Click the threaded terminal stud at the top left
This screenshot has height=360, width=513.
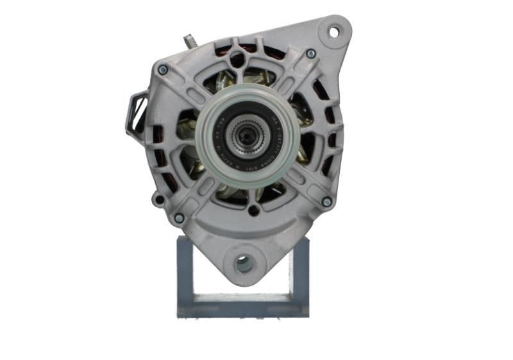point(190,41)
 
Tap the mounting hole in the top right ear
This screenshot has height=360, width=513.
point(334,30)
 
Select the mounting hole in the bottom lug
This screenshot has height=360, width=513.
point(244,262)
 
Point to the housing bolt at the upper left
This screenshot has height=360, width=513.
point(163,69)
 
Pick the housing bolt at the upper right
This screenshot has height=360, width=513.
point(311,54)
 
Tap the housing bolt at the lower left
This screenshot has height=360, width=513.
point(179,218)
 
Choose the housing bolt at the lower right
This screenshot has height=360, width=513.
point(326,201)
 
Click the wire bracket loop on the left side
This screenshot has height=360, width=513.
point(138,112)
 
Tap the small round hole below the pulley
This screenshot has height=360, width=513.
point(255,210)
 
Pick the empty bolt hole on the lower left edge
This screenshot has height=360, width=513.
point(158,199)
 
